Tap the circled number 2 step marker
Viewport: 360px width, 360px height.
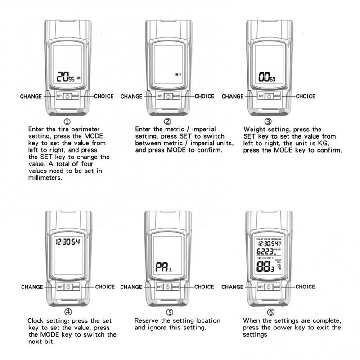point(168,121)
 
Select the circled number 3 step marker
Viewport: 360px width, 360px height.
point(268,121)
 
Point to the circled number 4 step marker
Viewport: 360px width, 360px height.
point(67,311)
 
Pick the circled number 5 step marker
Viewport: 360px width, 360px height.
point(169,311)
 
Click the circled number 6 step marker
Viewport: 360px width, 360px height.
point(270,311)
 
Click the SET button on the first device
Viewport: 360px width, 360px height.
point(59,96)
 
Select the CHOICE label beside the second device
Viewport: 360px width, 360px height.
point(204,96)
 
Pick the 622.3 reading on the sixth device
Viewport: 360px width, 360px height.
point(264,253)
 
